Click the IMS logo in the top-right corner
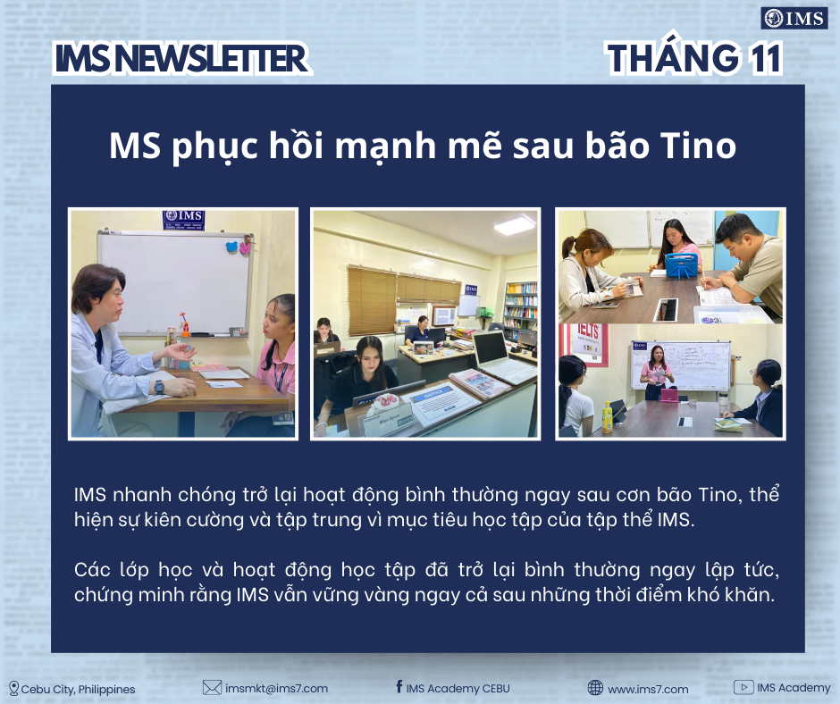click(x=794, y=19)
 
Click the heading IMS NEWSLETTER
click(x=181, y=58)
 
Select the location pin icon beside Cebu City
click(x=14, y=689)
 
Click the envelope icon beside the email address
click(x=212, y=687)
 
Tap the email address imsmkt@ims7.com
click(x=276, y=689)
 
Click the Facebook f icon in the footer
click(x=399, y=686)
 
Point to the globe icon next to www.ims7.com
click(x=595, y=687)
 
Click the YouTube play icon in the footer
click(x=743, y=687)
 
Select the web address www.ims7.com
click(x=648, y=689)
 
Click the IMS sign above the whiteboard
click(x=184, y=220)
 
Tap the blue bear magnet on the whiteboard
click(x=232, y=247)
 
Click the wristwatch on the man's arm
click(x=159, y=386)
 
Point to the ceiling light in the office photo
click(x=515, y=224)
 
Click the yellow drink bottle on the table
click(x=607, y=418)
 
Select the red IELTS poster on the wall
click(x=585, y=344)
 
